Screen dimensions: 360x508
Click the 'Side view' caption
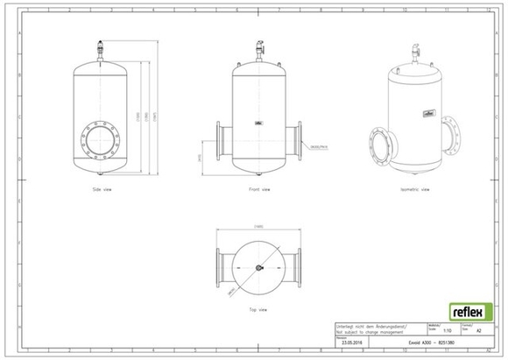tap(105, 188)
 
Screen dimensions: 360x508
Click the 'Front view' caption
tap(260, 188)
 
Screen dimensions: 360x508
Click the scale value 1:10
tap(448, 331)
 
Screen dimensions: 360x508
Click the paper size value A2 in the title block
tap(477, 331)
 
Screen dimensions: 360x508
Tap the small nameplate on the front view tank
tap(259, 124)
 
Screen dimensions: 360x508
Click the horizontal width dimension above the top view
tap(259, 227)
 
